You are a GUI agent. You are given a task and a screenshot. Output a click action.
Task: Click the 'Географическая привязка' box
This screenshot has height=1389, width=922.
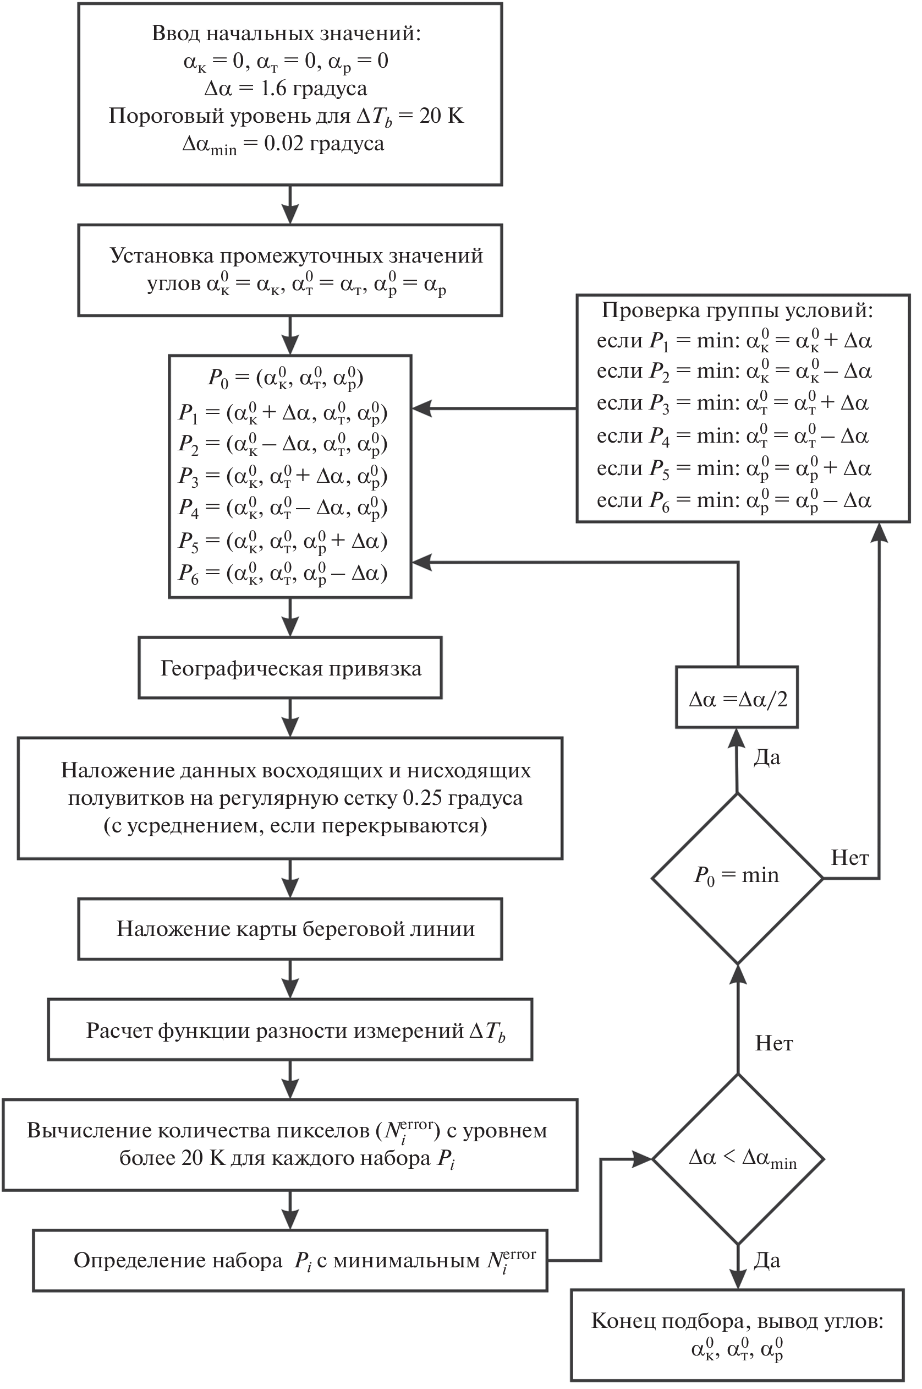tap(290, 668)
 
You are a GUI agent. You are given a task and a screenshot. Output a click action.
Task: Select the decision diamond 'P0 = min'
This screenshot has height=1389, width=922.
tap(737, 876)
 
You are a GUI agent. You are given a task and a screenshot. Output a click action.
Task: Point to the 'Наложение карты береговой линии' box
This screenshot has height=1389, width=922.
tap(290, 929)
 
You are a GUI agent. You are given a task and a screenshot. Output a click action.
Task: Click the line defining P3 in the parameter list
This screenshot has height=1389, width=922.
tap(283, 476)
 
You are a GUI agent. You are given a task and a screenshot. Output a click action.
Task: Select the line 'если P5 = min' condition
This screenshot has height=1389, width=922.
tap(733, 469)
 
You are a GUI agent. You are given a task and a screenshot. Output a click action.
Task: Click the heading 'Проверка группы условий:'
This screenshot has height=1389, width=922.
tap(737, 311)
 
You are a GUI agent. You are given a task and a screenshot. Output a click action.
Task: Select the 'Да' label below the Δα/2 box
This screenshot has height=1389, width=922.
tap(767, 758)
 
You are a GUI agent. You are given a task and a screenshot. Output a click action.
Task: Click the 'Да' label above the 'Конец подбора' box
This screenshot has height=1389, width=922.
tap(767, 1261)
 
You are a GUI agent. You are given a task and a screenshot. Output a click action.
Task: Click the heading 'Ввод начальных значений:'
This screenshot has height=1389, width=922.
tap(287, 34)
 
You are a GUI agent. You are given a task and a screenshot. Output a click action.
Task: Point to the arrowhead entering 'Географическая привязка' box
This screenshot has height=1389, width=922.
tap(290, 629)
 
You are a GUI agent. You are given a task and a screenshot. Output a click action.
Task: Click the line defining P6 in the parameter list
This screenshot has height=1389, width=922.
tap(283, 573)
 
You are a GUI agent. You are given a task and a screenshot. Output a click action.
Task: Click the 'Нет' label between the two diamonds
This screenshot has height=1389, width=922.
tap(774, 1043)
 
